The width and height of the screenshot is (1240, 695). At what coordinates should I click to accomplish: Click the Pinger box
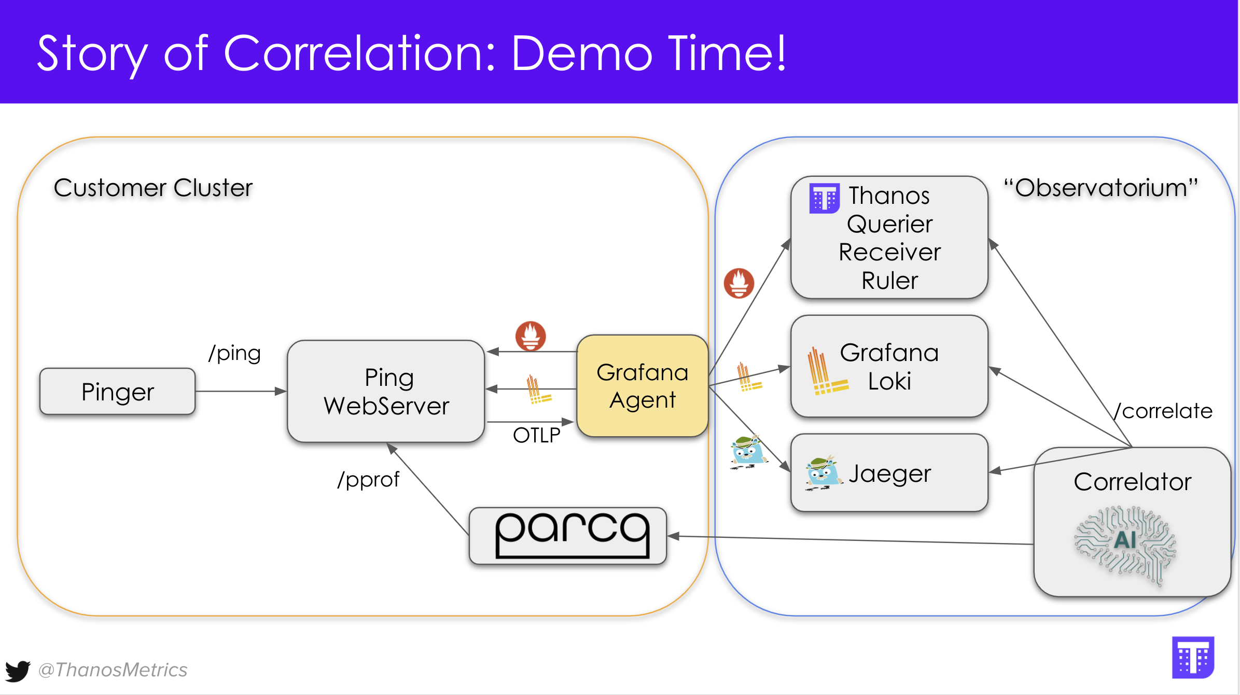pyautogui.click(x=118, y=392)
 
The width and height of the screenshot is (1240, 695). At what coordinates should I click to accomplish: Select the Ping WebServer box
pyautogui.click(x=386, y=392)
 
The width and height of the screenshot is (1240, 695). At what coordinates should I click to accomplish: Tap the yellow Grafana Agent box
pyautogui.click(x=642, y=386)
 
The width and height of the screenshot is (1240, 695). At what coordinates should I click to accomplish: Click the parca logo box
pyautogui.click(x=568, y=536)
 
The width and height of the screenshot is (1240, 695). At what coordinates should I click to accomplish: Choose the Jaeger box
pyautogui.click(x=889, y=473)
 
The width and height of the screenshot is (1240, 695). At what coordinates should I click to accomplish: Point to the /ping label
pyautogui.click(x=234, y=354)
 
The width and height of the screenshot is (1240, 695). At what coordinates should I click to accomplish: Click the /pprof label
pyautogui.click(x=368, y=480)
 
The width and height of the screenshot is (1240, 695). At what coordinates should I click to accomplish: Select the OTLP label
pyautogui.click(x=536, y=435)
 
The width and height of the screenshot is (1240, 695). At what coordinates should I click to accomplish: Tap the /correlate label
pyautogui.click(x=1163, y=411)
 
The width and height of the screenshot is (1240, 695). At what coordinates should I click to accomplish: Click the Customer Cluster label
pyautogui.click(x=153, y=188)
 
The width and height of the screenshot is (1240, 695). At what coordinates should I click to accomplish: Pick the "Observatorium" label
pyautogui.click(x=1100, y=188)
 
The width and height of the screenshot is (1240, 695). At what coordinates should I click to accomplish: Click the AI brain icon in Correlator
pyautogui.click(x=1125, y=545)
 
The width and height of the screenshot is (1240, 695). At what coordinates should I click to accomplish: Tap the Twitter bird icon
pyautogui.click(x=18, y=671)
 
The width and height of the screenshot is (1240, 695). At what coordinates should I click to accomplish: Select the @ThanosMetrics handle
pyautogui.click(x=113, y=670)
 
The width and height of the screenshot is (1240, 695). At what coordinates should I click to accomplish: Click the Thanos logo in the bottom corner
pyautogui.click(x=1193, y=657)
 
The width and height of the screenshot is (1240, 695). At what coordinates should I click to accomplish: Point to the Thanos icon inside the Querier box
pyautogui.click(x=824, y=198)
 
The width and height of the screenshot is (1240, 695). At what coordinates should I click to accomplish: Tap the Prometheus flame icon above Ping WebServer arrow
pyautogui.click(x=530, y=336)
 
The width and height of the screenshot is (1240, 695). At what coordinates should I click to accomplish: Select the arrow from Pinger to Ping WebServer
pyautogui.click(x=241, y=391)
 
